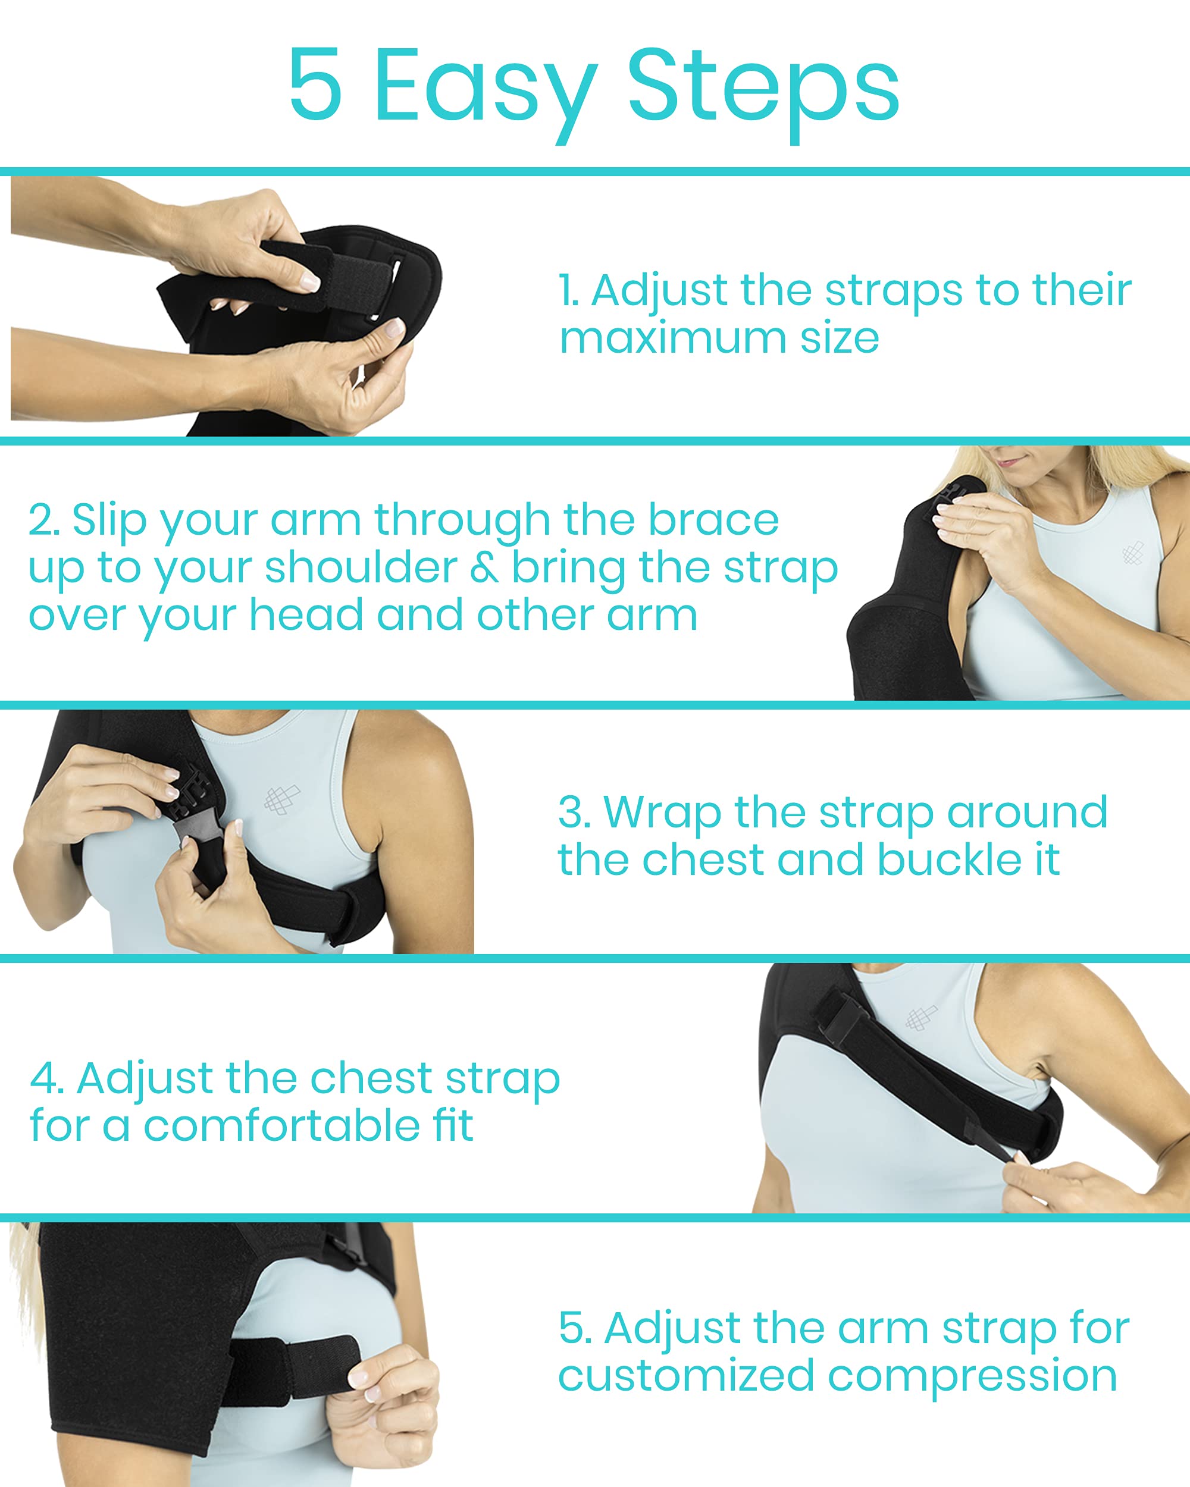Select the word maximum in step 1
pyautogui.click(x=672, y=338)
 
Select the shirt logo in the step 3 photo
pyautogui.click(x=281, y=799)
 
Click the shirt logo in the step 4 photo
pyautogui.click(x=921, y=1017)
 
